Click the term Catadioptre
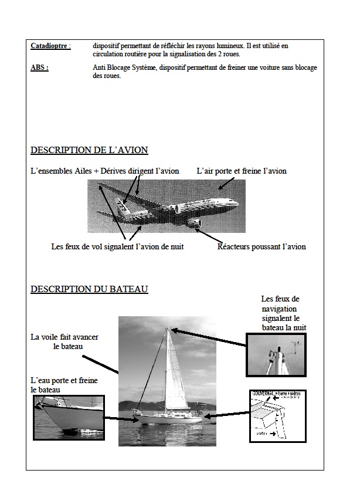50,45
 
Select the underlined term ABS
39,68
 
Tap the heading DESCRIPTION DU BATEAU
89,289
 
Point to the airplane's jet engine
193,223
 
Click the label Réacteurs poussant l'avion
261,247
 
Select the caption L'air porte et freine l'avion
242,171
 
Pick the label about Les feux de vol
117,247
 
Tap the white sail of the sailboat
175,370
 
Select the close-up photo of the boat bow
69,416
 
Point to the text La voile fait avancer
64,337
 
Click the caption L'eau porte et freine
64,381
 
